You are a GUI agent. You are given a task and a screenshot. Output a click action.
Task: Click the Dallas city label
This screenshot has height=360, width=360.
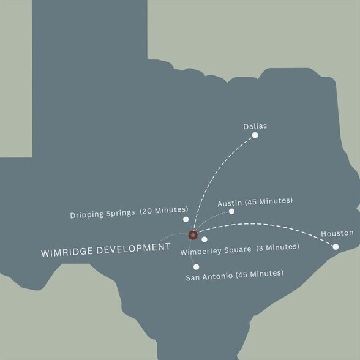pos(255,126)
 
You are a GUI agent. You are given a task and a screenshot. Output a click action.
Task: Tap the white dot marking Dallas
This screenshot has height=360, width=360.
pos(255,135)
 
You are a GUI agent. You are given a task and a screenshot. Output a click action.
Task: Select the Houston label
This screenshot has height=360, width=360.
pos(337,233)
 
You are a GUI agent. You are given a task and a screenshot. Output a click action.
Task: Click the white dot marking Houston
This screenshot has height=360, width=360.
pos(336,247)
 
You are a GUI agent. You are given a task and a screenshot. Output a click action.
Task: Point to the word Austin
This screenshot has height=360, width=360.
pos(230,201)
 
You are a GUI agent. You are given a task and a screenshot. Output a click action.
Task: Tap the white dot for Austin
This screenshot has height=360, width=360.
pos(231,211)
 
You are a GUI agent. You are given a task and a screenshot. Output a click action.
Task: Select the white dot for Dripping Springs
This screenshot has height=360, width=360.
pos(186,219)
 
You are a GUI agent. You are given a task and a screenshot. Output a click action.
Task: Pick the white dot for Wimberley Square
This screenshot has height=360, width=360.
pos(204,239)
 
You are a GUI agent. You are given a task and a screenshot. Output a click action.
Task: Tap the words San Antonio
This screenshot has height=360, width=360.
pos(209,277)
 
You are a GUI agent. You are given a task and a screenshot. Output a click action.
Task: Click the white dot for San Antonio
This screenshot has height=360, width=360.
pos(196,267)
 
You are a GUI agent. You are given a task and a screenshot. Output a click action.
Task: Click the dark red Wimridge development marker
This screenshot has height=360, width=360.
pos(192,234)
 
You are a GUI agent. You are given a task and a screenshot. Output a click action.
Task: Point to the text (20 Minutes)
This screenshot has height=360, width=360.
pos(164,211)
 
